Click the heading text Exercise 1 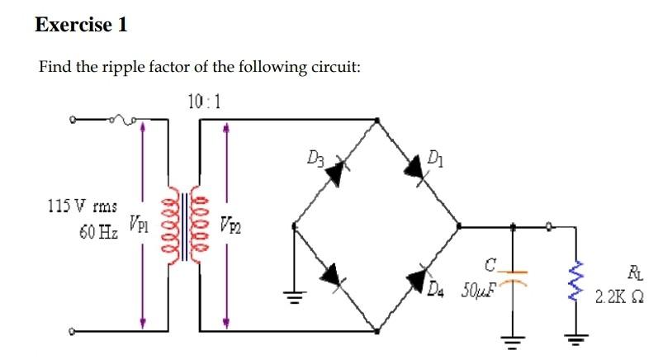(81, 25)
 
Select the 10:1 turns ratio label (204, 102)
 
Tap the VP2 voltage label (231, 223)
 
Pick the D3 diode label (315, 154)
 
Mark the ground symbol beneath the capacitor (513, 339)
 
